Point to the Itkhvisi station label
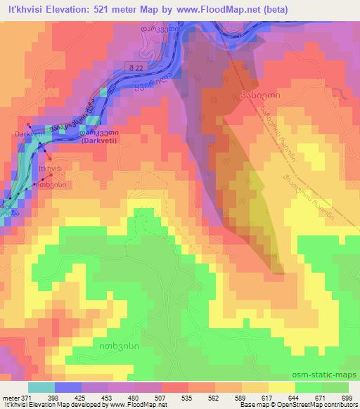tap(51, 169)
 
